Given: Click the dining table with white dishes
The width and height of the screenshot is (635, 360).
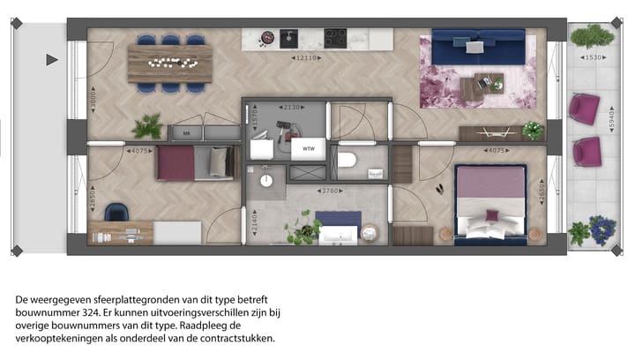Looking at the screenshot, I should click(170, 63).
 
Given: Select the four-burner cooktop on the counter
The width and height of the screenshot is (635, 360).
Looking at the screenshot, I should click(335, 38).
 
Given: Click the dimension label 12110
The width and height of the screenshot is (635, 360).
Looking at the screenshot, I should click(305, 57).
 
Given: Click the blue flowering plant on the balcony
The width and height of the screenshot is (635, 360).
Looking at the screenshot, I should click(601, 229).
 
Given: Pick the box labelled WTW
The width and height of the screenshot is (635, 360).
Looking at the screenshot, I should click(309, 149).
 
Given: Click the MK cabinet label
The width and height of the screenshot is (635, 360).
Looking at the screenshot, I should click(185, 133).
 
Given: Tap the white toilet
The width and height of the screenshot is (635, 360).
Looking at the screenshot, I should click(347, 161).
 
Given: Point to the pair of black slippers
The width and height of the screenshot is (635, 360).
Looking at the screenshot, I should click(440, 188).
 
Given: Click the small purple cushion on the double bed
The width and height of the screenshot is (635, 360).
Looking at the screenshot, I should click(490, 215).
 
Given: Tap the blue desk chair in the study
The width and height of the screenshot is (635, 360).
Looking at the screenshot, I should click(116, 212).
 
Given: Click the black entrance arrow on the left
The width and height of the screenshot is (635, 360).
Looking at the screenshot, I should click(51, 60).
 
